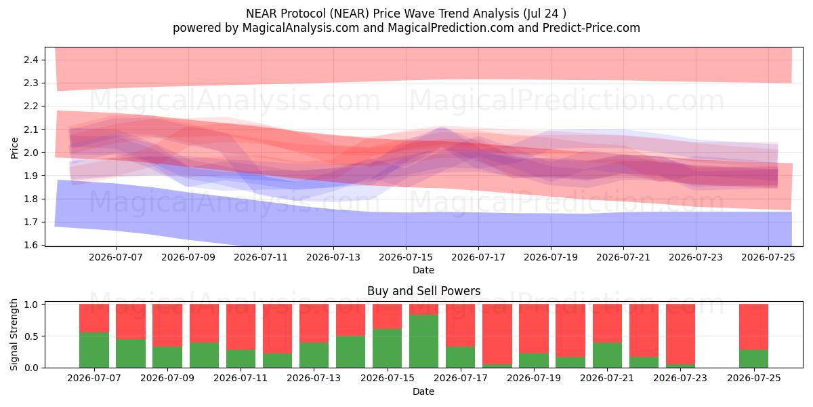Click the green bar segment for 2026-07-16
coord(423,341)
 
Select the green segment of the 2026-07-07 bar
coord(94,350)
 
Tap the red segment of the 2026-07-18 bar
coord(497,334)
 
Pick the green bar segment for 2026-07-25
coord(753,359)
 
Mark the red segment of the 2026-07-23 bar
coord(680,334)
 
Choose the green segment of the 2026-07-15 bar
coord(387,349)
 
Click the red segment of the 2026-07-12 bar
coord(277,329)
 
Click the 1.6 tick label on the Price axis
coord(31,245)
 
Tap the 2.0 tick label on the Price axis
coord(31,153)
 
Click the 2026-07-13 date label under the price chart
coord(333,257)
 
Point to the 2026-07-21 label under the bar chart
coord(607,378)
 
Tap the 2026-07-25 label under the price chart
coord(768,257)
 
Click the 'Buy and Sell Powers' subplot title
coord(423,291)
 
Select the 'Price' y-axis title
coord(14,148)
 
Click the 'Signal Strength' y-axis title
coord(14,334)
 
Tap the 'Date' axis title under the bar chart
coord(423,391)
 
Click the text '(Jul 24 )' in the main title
coord(545,14)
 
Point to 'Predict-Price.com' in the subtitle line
coord(591,28)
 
